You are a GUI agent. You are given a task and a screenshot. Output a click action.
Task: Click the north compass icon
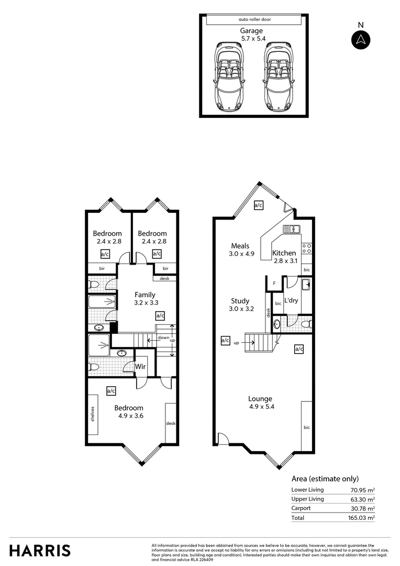coord(360,40)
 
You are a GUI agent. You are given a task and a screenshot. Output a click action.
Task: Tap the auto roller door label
coord(254,19)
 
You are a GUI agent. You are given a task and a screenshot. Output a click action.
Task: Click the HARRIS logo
coord(40,550)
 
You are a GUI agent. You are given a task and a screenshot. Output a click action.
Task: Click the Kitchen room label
coord(284,253)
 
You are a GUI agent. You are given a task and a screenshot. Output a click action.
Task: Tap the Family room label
coord(145,295)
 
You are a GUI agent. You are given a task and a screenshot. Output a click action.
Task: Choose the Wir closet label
coord(141,366)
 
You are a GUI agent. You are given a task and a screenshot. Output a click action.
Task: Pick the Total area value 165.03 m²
coord(362,518)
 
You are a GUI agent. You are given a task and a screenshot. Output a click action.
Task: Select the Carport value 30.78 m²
coord(362,508)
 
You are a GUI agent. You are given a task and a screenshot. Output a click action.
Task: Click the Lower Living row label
coord(307,489)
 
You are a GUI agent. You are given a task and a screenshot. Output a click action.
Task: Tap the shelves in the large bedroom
coord(92,414)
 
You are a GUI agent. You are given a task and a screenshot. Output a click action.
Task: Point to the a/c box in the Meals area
coord(258,205)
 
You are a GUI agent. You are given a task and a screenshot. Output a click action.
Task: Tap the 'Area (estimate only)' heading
coord(325,478)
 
